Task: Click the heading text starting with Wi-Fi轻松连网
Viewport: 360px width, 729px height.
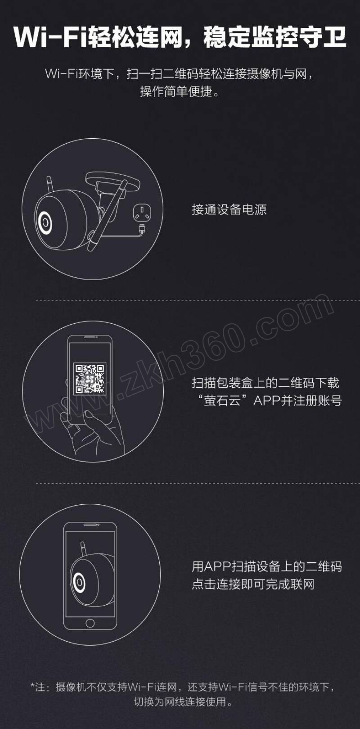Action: pyautogui.click(x=180, y=37)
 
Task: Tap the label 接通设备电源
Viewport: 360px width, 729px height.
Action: pyautogui.click(x=229, y=209)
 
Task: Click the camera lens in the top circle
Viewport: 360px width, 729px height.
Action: pyautogui.click(x=45, y=222)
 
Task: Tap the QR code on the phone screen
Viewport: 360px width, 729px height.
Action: pyautogui.click(x=90, y=379)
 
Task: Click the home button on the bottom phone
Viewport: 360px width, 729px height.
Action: pyautogui.click(x=90, y=623)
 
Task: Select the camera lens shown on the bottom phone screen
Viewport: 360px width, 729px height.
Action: pyautogui.click(x=79, y=581)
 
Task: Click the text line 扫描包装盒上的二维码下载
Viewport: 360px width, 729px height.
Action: pyautogui.click(x=265, y=383)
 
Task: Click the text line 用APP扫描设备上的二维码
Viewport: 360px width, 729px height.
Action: pyautogui.click(x=267, y=566)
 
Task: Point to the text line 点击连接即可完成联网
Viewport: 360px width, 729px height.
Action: pyautogui.click(x=253, y=584)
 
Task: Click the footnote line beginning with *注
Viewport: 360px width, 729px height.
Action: pyautogui.click(x=182, y=687)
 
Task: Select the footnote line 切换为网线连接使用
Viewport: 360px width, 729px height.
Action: pyautogui.click(x=184, y=702)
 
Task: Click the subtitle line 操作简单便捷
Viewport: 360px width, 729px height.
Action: pyautogui.click(x=180, y=91)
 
